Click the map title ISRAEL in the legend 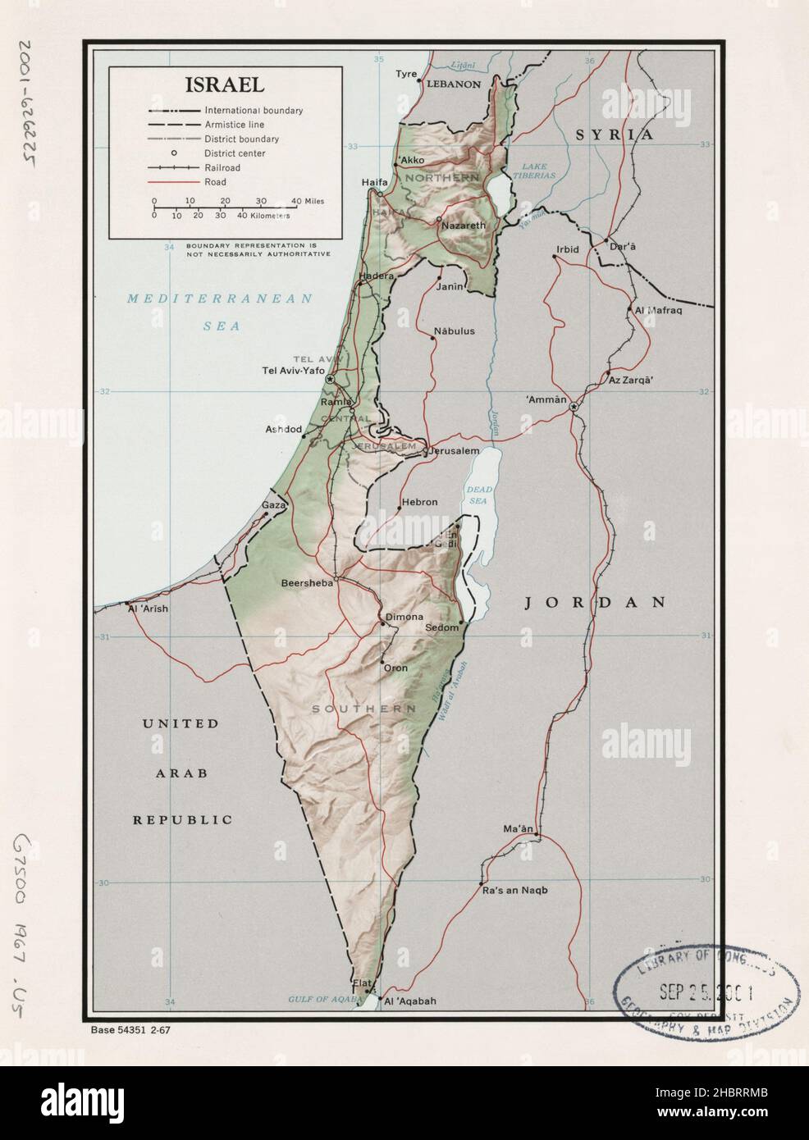224,84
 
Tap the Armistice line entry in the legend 234,125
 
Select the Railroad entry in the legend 222,167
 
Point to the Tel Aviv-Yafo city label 292,371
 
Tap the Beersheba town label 307,583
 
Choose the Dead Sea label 478,495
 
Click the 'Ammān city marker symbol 574,407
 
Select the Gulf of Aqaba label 325,999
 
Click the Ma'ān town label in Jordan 519,829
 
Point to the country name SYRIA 614,135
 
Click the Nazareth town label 464,226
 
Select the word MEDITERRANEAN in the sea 219,299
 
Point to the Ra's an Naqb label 514,890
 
